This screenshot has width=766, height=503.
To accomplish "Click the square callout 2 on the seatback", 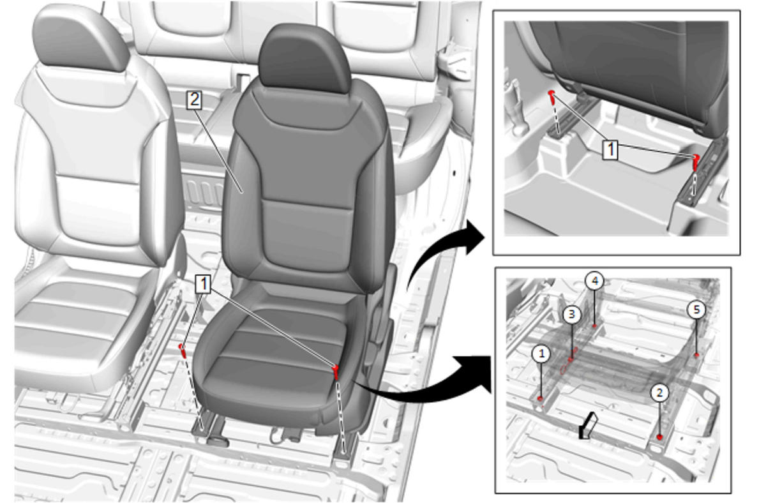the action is pos(194,100).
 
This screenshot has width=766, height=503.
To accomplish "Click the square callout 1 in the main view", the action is pos(204,284).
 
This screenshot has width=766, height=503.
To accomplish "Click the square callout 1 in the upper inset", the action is pos(610,149).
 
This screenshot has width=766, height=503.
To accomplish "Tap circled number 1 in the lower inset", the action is pos(541,354).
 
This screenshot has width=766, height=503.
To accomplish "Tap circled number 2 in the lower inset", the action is pos(659,393).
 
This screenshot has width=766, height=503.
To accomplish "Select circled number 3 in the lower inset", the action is pos(572,315).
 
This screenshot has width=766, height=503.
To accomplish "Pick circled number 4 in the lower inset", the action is pos(595,281).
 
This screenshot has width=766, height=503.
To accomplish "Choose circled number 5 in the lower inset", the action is pos(696,310).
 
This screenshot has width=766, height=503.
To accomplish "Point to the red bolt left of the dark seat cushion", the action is pos(183,350).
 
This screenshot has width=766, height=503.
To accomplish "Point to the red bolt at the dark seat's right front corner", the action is pos(336,372).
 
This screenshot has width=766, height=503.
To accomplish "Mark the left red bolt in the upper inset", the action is pos(552,97).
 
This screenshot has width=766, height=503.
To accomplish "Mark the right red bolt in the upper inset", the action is pos(696,162).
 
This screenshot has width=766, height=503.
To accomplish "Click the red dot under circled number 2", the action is pos(660,437).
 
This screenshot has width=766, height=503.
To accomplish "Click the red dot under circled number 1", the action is pos(540,398).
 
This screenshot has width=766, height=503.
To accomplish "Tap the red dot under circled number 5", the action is pos(696,355).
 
